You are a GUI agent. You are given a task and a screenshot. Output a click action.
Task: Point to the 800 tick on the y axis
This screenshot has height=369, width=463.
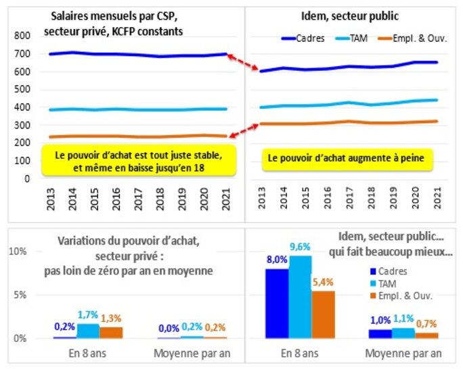pyautogui.click(x=22, y=36)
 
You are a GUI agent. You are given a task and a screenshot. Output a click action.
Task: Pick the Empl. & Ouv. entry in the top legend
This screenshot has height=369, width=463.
pyautogui.click(x=419, y=38)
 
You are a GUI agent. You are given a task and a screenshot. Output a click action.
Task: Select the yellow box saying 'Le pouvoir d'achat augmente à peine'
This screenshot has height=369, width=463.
pyautogui.click(x=347, y=158)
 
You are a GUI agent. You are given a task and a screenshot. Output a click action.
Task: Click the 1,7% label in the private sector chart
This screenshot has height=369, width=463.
pyautogui.click(x=87, y=315)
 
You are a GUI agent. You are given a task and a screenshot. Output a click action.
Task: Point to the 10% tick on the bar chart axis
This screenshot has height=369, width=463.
pyautogui.click(x=17, y=251)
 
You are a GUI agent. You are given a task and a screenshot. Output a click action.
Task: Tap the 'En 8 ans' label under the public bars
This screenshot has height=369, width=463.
pyautogui.click(x=300, y=352)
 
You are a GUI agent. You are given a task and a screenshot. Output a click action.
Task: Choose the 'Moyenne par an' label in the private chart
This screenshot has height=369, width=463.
pyautogui.click(x=183, y=352)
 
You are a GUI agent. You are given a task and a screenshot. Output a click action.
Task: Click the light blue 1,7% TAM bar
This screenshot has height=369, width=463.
pyautogui.click(x=87, y=330)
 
